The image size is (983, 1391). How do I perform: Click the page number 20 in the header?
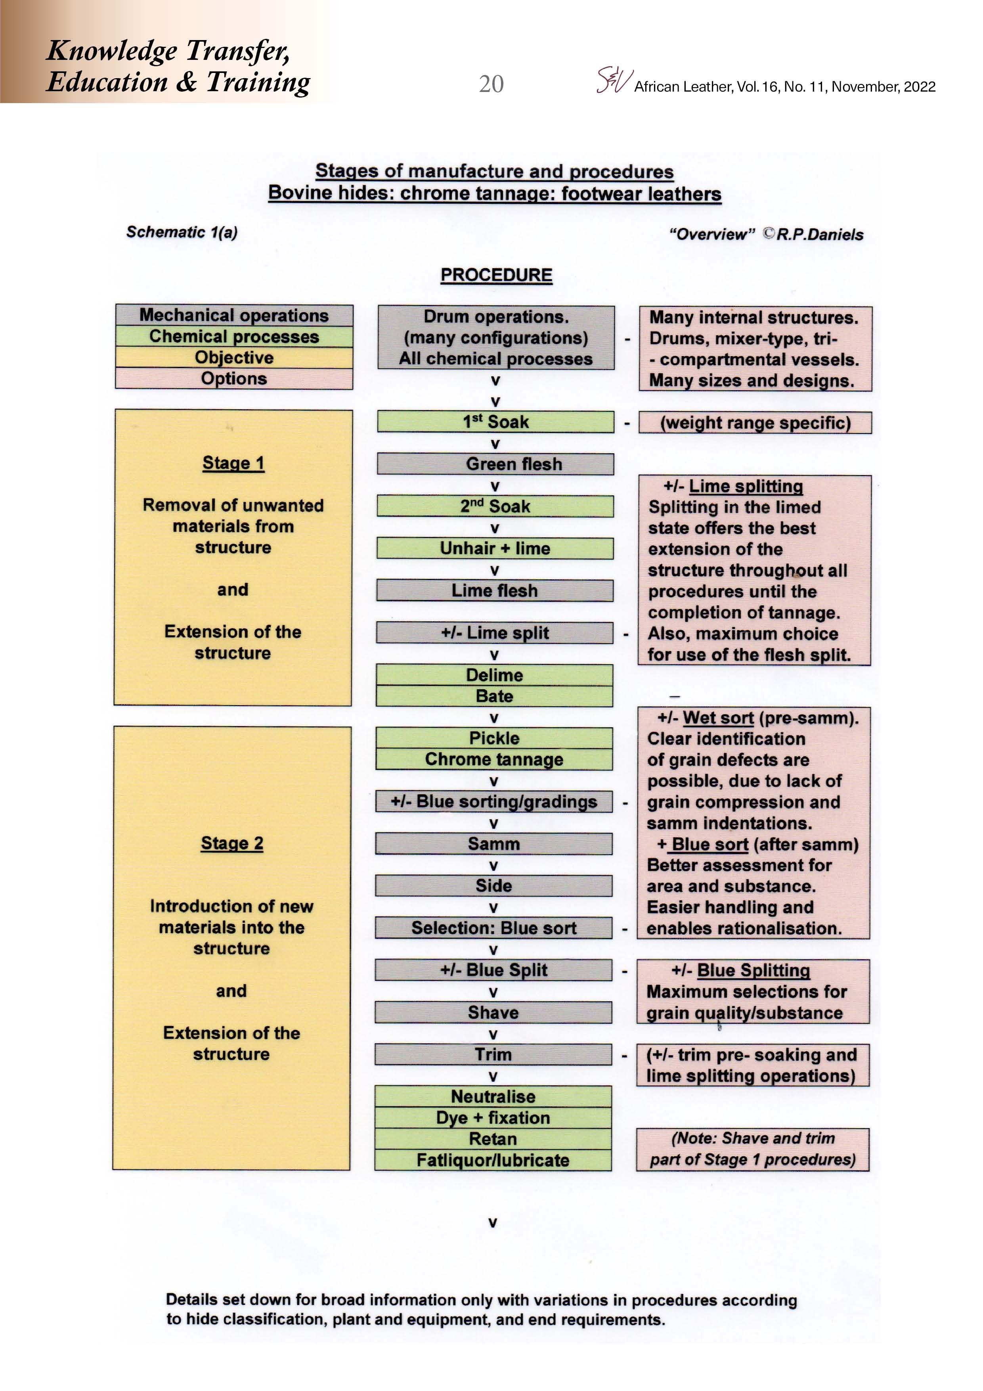[491, 84]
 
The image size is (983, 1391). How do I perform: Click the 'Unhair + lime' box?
[495, 548]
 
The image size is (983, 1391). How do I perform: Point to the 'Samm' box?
[493, 843]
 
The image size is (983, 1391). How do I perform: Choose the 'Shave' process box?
[493, 1012]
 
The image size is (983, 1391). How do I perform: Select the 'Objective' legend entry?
[234, 357]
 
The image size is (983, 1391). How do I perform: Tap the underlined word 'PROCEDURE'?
[496, 275]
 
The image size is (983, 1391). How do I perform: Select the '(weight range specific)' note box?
[755, 423]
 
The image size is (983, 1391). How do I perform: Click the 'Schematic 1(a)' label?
[181, 232]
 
